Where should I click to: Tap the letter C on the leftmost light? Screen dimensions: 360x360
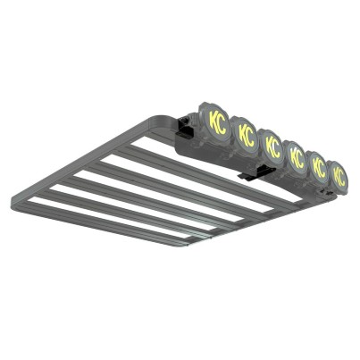pyautogui.click(x=222, y=125)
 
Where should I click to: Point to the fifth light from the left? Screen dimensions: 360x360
pyautogui.click(x=318, y=166)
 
